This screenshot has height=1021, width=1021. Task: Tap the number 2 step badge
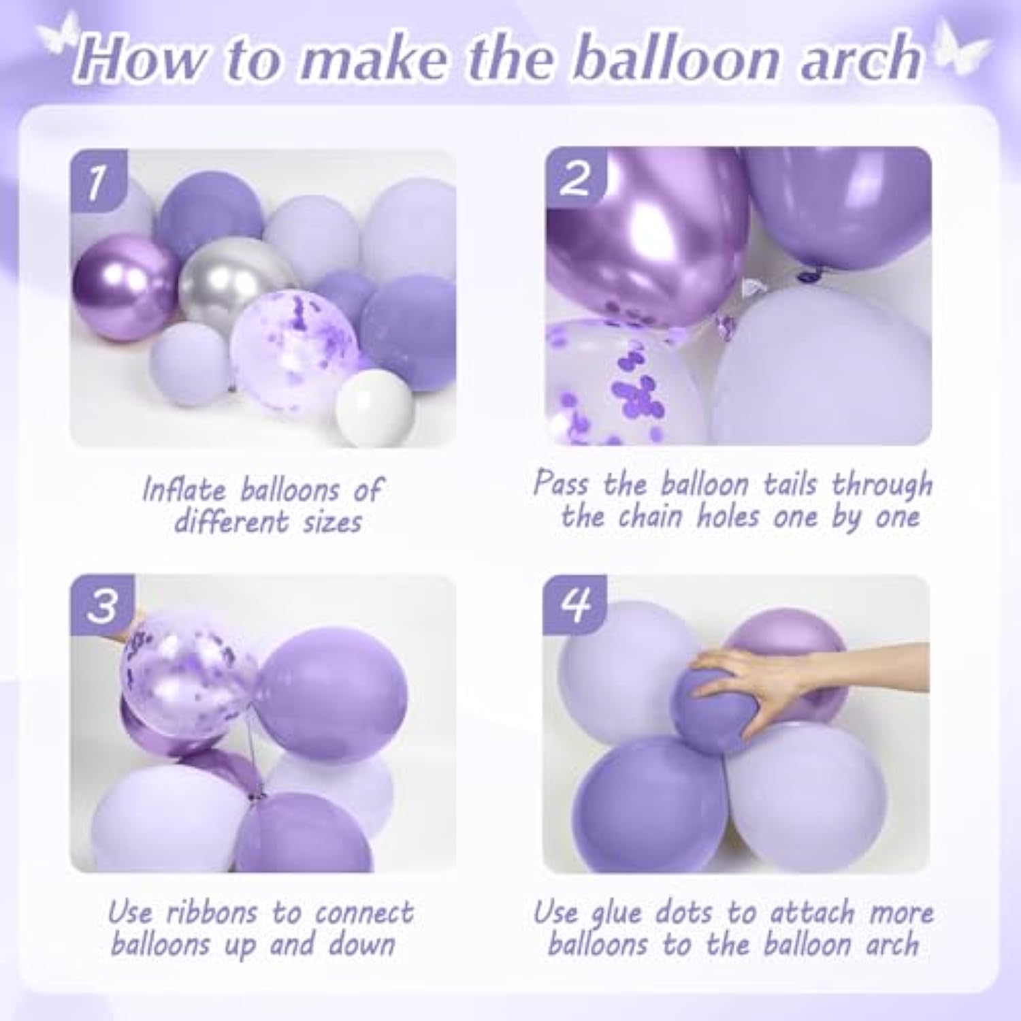coord(576,179)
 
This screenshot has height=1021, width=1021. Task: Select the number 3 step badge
coord(103,605)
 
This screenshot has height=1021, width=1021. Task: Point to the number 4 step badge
coord(575,604)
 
